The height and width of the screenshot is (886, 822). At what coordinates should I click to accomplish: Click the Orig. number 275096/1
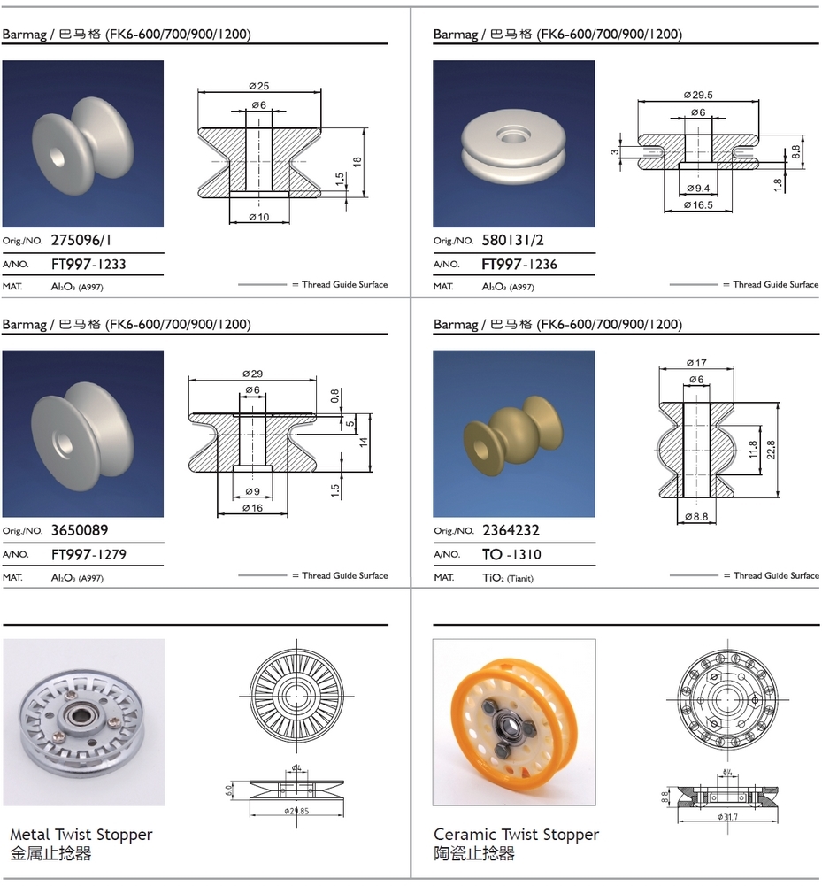[81, 240]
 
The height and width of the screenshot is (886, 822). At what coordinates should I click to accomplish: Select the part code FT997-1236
[519, 264]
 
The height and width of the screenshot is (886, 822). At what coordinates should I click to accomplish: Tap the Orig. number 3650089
[80, 530]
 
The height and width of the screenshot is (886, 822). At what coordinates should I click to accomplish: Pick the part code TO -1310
[511, 554]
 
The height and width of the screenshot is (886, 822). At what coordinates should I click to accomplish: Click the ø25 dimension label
[258, 86]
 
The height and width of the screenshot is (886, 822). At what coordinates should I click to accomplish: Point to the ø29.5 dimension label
[698, 95]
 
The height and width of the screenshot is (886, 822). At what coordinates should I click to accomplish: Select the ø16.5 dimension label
[698, 205]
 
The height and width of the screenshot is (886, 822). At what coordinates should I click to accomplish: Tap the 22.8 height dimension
[772, 450]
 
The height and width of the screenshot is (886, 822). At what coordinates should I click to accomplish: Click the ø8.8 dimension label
[696, 516]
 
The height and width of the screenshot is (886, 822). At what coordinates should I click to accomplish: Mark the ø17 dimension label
[696, 363]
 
